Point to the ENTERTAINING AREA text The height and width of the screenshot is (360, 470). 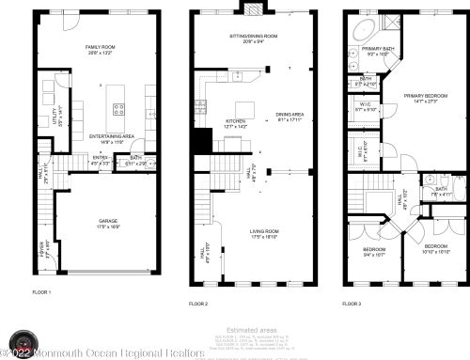(x=110, y=137)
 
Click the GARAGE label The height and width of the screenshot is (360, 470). (x=109, y=223)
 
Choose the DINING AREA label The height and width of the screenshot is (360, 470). (x=289, y=117)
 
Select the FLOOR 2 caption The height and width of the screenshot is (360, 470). (x=197, y=304)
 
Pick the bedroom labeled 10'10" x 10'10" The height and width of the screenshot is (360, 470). (x=428, y=249)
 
